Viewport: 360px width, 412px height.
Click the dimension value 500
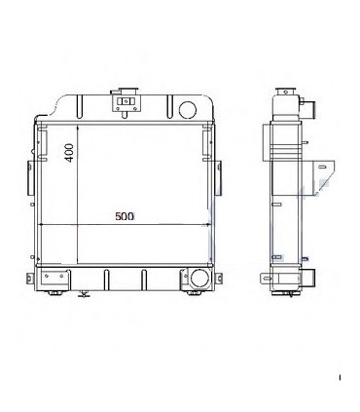pos(124,215)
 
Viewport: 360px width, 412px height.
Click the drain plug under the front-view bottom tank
pos(85,291)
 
